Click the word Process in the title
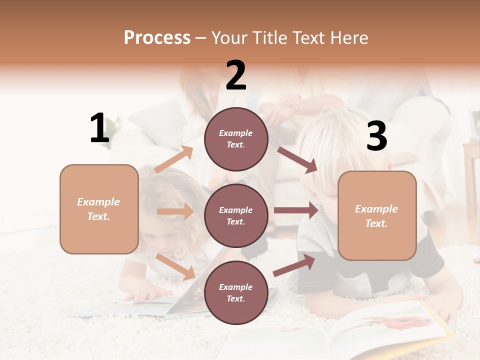coord(157,37)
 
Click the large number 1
coord(99,128)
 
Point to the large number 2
coord(236,76)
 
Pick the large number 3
coord(376,136)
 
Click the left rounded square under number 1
coord(99,209)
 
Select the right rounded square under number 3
coord(377,216)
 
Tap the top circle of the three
coord(236,139)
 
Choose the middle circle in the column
coord(236,216)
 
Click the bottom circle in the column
coord(236,293)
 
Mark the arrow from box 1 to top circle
coord(173,159)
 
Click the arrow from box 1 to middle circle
coord(175,211)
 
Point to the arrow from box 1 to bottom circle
coord(175,266)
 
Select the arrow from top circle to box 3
coord(297,159)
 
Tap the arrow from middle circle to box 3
coord(295,210)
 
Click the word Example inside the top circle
coord(235,133)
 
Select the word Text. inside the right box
coord(376,223)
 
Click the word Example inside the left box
coord(98,202)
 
